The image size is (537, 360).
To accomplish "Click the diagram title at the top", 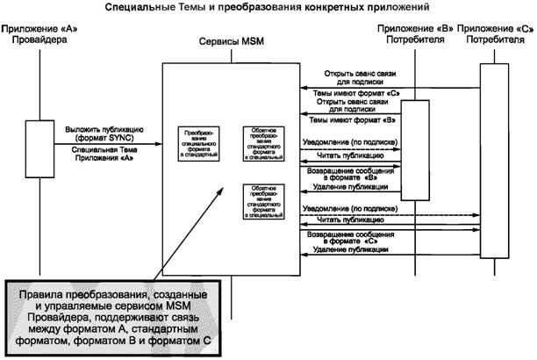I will pyautogui.click(x=268, y=8).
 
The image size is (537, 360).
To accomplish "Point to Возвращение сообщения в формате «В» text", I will pyautogui.click(x=349, y=174).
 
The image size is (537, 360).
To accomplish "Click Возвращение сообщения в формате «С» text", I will pyautogui.click(x=349, y=239).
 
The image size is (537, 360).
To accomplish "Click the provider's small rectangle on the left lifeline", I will pyautogui.click(x=36, y=141).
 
